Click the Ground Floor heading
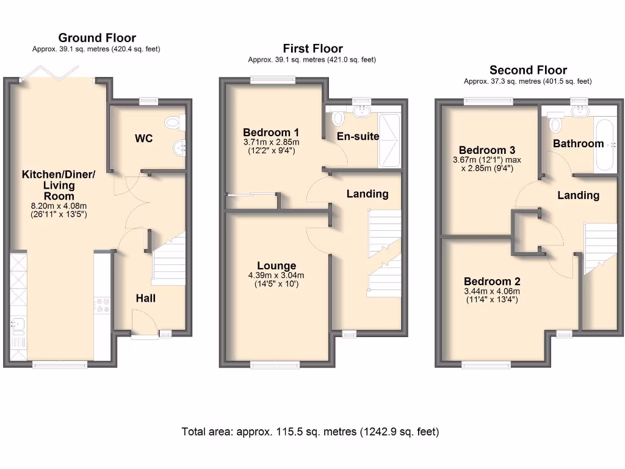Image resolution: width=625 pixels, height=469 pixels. click(x=96, y=38)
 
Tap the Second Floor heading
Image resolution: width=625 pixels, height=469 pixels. click(x=528, y=70)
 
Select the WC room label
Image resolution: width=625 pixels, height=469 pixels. click(x=143, y=139)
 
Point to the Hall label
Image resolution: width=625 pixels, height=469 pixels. click(x=146, y=298)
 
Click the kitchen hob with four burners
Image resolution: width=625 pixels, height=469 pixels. click(x=102, y=305)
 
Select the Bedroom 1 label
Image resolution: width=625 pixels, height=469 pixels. click(x=271, y=133)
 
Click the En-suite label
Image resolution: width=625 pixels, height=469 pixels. click(x=358, y=136)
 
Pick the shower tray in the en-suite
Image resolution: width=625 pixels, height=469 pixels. click(x=389, y=140)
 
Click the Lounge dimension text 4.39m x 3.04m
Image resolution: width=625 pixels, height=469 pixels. click(x=276, y=275)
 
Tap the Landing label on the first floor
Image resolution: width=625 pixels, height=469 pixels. click(x=367, y=194)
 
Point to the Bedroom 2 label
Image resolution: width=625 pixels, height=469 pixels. click(x=492, y=282)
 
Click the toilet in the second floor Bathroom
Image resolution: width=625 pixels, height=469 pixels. click(x=555, y=125)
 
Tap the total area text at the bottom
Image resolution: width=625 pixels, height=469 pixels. click(x=310, y=432)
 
